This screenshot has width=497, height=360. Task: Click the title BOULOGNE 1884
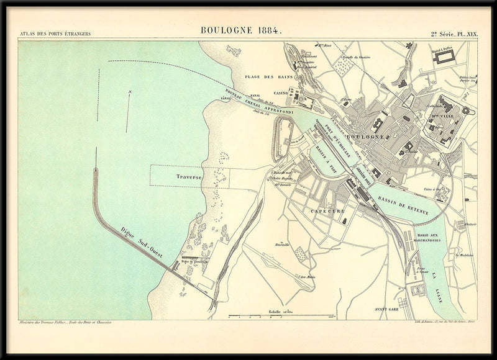click(x=241, y=30)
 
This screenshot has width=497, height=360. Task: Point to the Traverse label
click(x=189, y=177)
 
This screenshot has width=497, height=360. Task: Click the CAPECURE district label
click(x=327, y=211)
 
